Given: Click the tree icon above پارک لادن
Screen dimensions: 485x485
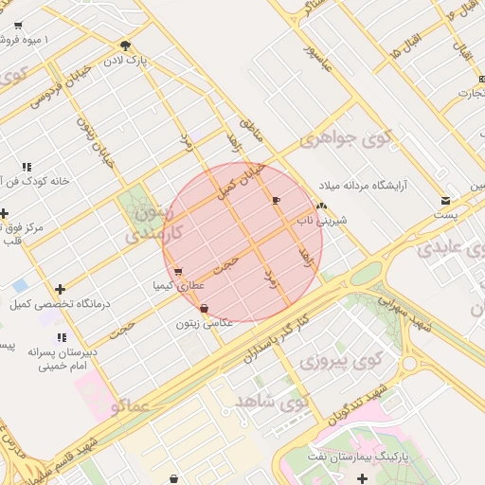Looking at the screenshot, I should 126,45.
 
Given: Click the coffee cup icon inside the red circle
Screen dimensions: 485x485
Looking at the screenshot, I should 276,200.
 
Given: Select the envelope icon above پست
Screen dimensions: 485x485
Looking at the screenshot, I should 445,200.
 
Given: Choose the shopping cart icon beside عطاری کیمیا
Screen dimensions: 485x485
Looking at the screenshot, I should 178,272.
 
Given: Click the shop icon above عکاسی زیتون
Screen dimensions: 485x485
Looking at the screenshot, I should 204,309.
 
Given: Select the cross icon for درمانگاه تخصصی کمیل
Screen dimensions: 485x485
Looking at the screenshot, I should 61,289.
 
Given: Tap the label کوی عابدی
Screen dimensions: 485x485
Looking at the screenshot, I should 449,248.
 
